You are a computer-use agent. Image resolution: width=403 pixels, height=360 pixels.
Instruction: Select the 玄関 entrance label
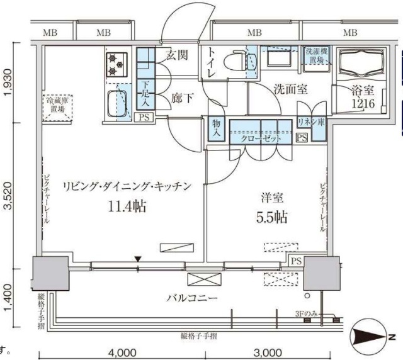176,55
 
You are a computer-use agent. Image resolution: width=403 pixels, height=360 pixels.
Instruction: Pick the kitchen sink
118,103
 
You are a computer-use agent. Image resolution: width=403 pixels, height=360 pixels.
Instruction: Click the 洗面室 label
290,89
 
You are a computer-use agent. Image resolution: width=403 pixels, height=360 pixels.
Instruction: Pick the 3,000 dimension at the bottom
267,352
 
